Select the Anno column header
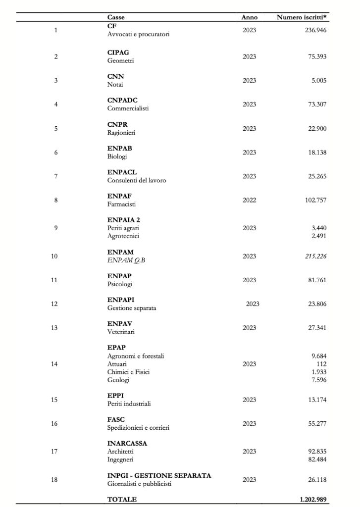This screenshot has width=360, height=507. pyautogui.click(x=249, y=18)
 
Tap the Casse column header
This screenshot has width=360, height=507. pyautogui.click(x=116, y=18)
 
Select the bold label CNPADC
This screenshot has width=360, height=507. pyautogui.click(x=122, y=100)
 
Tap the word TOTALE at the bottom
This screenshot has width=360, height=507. pyautogui.click(x=122, y=500)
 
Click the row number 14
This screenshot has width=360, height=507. pyautogui.click(x=55, y=364)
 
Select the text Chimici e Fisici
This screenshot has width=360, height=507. pyautogui.click(x=128, y=372)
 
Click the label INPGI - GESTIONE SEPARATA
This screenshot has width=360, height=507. pyautogui.click(x=159, y=475)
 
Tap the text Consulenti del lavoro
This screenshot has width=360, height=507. pyautogui.click(x=137, y=180)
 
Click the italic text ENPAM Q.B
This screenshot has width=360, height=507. pyautogui.click(x=126, y=261)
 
